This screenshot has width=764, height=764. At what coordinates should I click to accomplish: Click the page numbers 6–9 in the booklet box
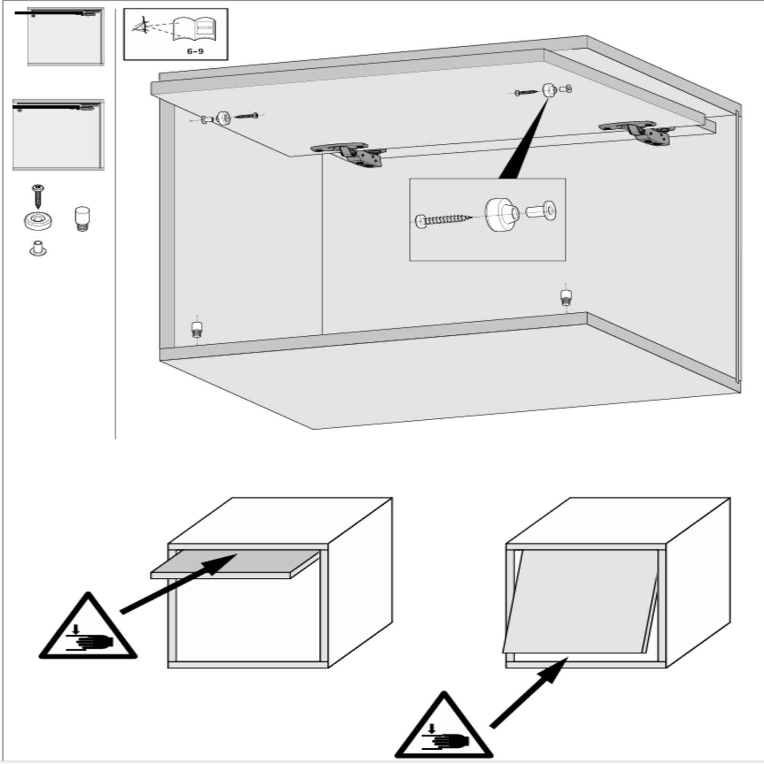(195, 51)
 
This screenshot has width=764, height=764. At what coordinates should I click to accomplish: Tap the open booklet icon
(194, 29)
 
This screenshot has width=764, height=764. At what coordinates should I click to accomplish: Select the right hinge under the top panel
(637, 132)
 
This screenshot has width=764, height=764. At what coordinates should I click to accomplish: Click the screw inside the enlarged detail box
(444, 220)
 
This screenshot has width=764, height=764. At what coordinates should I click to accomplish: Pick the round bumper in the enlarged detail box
(501, 214)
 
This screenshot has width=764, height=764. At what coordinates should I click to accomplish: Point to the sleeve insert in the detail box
(541, 211)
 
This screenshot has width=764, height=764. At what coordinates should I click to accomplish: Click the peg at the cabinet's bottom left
(197, 329)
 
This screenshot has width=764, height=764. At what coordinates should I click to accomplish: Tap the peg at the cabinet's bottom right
(566, 297)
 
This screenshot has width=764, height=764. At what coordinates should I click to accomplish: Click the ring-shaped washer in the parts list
(38, 221)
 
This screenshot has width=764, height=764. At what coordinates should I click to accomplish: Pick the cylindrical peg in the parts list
(82, 219)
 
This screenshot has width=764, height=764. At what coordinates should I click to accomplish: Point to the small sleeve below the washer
(38, 249)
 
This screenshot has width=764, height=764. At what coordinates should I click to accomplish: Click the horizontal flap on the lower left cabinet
(235, 564)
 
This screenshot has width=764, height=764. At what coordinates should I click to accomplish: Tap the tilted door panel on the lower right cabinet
(580, 601)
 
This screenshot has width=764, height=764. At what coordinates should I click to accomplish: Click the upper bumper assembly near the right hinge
(544, 90)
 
